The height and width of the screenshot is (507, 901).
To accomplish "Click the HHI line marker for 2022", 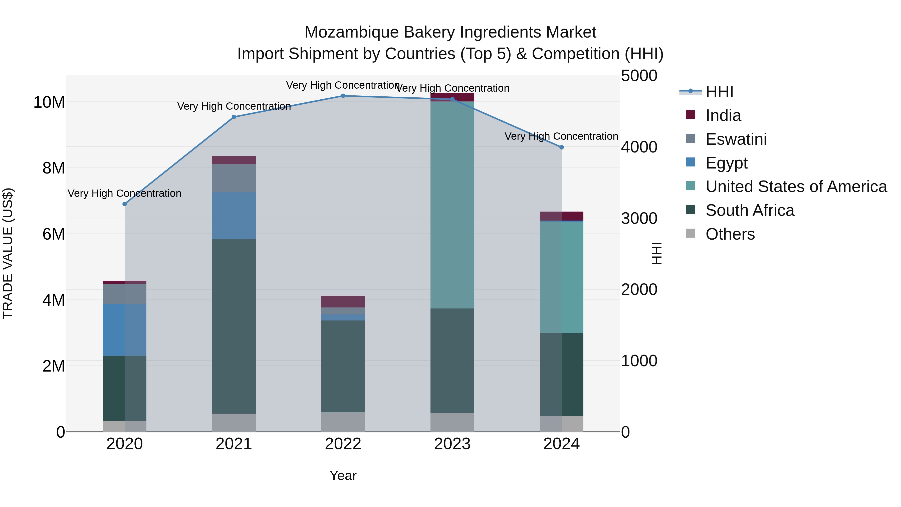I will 343,96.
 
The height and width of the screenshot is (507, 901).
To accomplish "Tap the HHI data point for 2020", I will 125,204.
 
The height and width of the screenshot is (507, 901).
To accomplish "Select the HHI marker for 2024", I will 561,147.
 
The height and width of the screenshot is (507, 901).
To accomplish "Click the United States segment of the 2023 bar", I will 452,205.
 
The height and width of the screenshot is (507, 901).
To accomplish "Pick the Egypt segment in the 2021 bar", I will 234,216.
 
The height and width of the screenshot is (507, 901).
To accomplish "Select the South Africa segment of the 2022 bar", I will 343,366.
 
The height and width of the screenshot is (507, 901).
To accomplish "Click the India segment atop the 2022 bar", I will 343,301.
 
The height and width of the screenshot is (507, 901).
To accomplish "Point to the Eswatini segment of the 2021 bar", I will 234,178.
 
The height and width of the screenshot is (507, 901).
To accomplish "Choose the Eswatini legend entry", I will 736,139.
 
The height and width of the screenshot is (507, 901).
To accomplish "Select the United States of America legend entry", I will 796,187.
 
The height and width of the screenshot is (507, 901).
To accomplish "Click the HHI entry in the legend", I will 719,92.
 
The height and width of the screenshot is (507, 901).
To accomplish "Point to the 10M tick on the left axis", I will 49,102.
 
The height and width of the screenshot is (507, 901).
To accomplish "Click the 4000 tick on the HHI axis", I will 639,147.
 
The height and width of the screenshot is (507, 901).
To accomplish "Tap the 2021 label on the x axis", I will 234,444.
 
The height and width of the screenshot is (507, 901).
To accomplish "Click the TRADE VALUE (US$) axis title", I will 8,253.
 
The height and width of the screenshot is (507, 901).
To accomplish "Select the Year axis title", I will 343,475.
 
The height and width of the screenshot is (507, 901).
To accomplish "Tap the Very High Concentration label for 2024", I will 561,136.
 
